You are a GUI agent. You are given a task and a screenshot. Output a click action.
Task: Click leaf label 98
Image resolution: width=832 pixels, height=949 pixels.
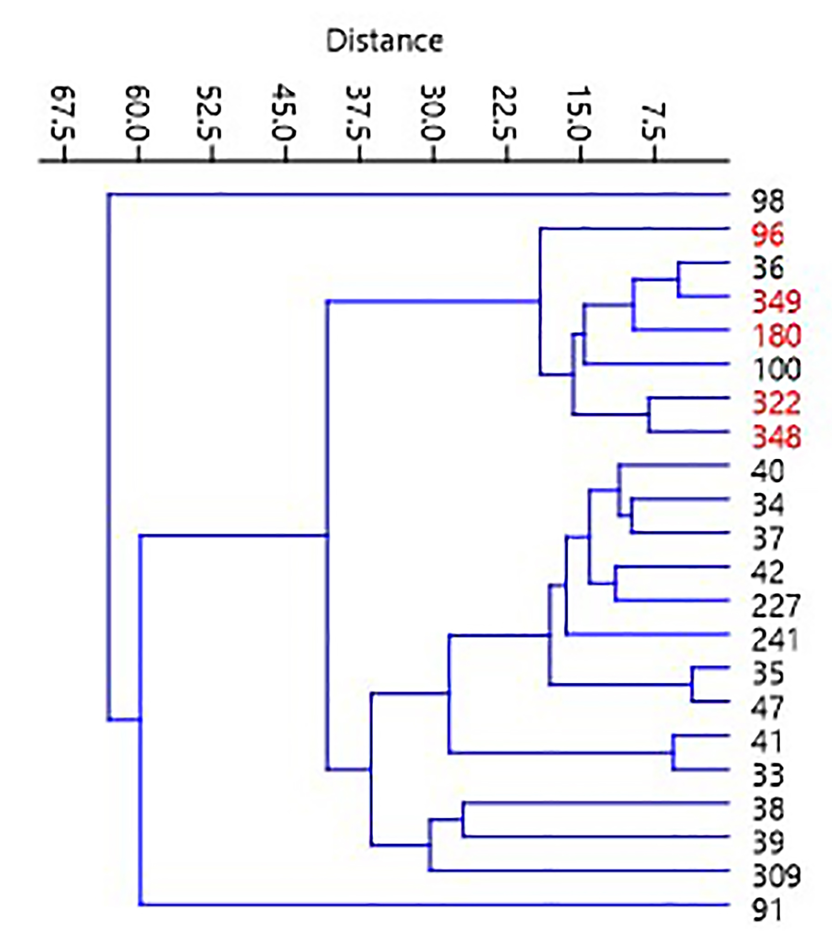pyautogui.click(x=767, y=201)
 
